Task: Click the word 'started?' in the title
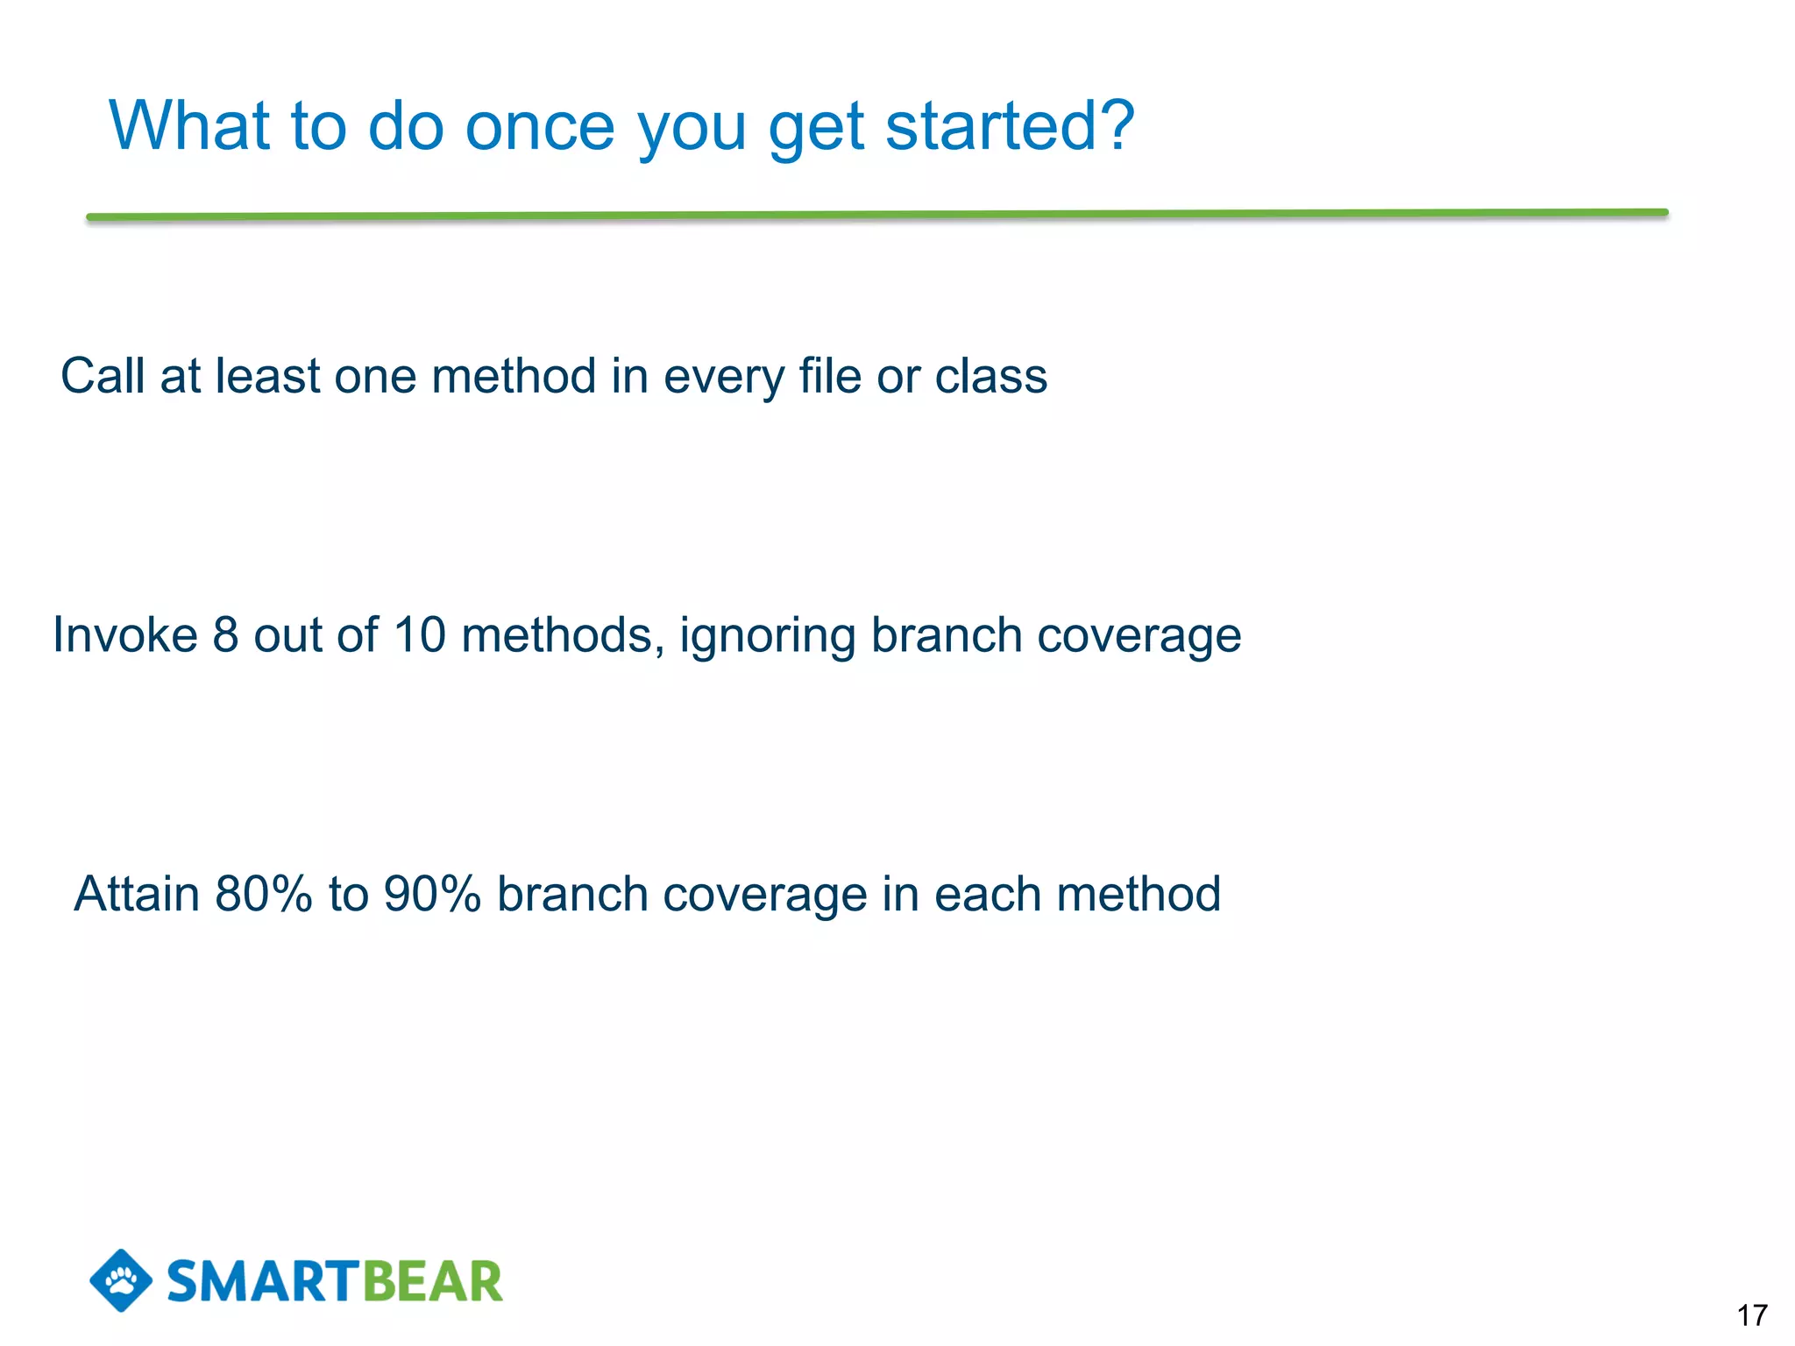click(x=1010, y=126)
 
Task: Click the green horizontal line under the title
click(x=876, y=215)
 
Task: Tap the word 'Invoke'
click(x=125, y=634)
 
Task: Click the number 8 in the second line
click(x=225, y=634)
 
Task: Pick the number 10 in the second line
click(x=420, y=634)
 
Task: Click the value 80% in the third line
click(x=264, y=894)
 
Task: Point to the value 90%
click(x=433, y=894)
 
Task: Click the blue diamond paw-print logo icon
click(x=121, y=1280)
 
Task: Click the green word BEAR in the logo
click(x=432, y=1282)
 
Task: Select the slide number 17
click(x=1752, y=1315)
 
